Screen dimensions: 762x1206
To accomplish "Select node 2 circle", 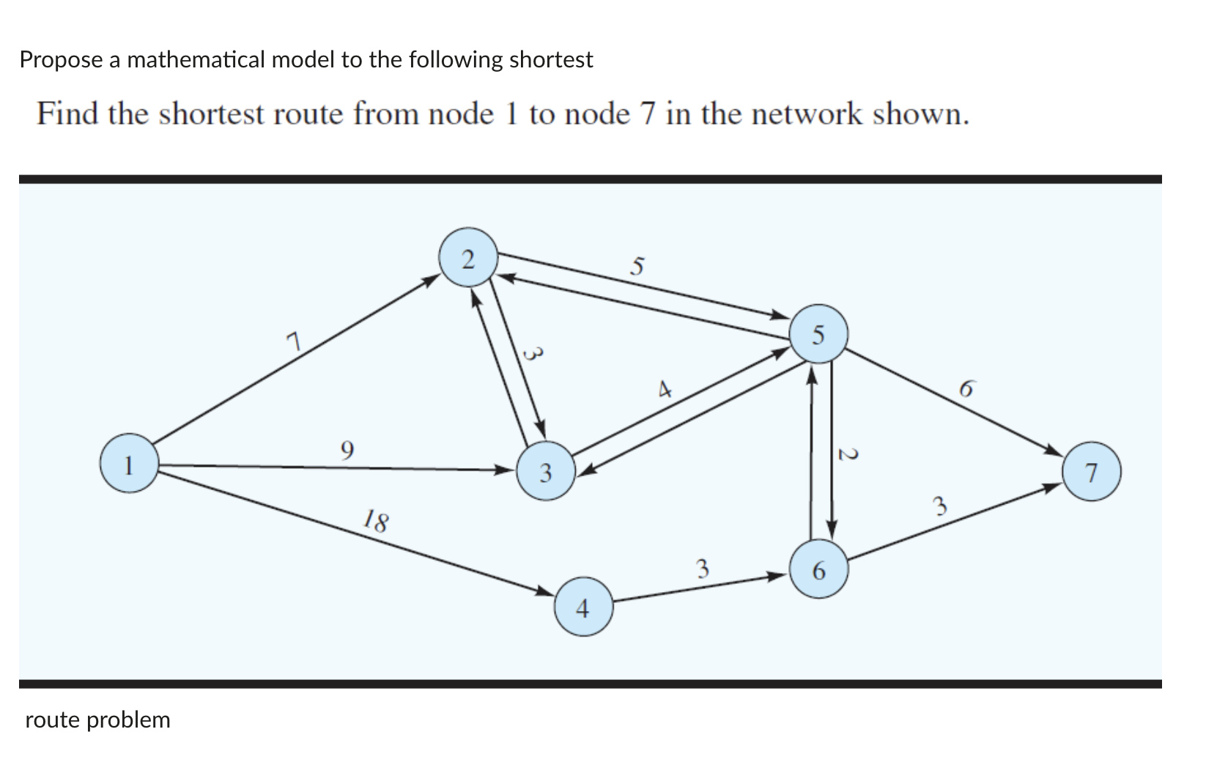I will coord(468,258).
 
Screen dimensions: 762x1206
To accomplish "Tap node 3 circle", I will coord(546,471).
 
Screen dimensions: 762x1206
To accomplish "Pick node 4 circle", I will coord(583,606).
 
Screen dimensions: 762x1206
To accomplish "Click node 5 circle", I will coord(819,333).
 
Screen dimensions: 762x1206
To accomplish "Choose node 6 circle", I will coord(819,569).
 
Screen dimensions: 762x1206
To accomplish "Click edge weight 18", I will coord(377,522).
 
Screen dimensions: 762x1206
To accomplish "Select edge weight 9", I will coord(347,448).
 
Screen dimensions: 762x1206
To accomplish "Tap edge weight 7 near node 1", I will coord(293,341).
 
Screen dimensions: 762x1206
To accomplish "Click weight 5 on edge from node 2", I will coord(637,265).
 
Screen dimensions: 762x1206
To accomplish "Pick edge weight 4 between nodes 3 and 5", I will coord(665,389).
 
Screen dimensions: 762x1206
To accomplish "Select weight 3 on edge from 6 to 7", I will coord(940,506).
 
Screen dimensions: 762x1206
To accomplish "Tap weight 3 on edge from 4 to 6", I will coord(703,568).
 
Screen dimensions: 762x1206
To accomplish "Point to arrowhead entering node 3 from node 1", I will coord(505,469).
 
